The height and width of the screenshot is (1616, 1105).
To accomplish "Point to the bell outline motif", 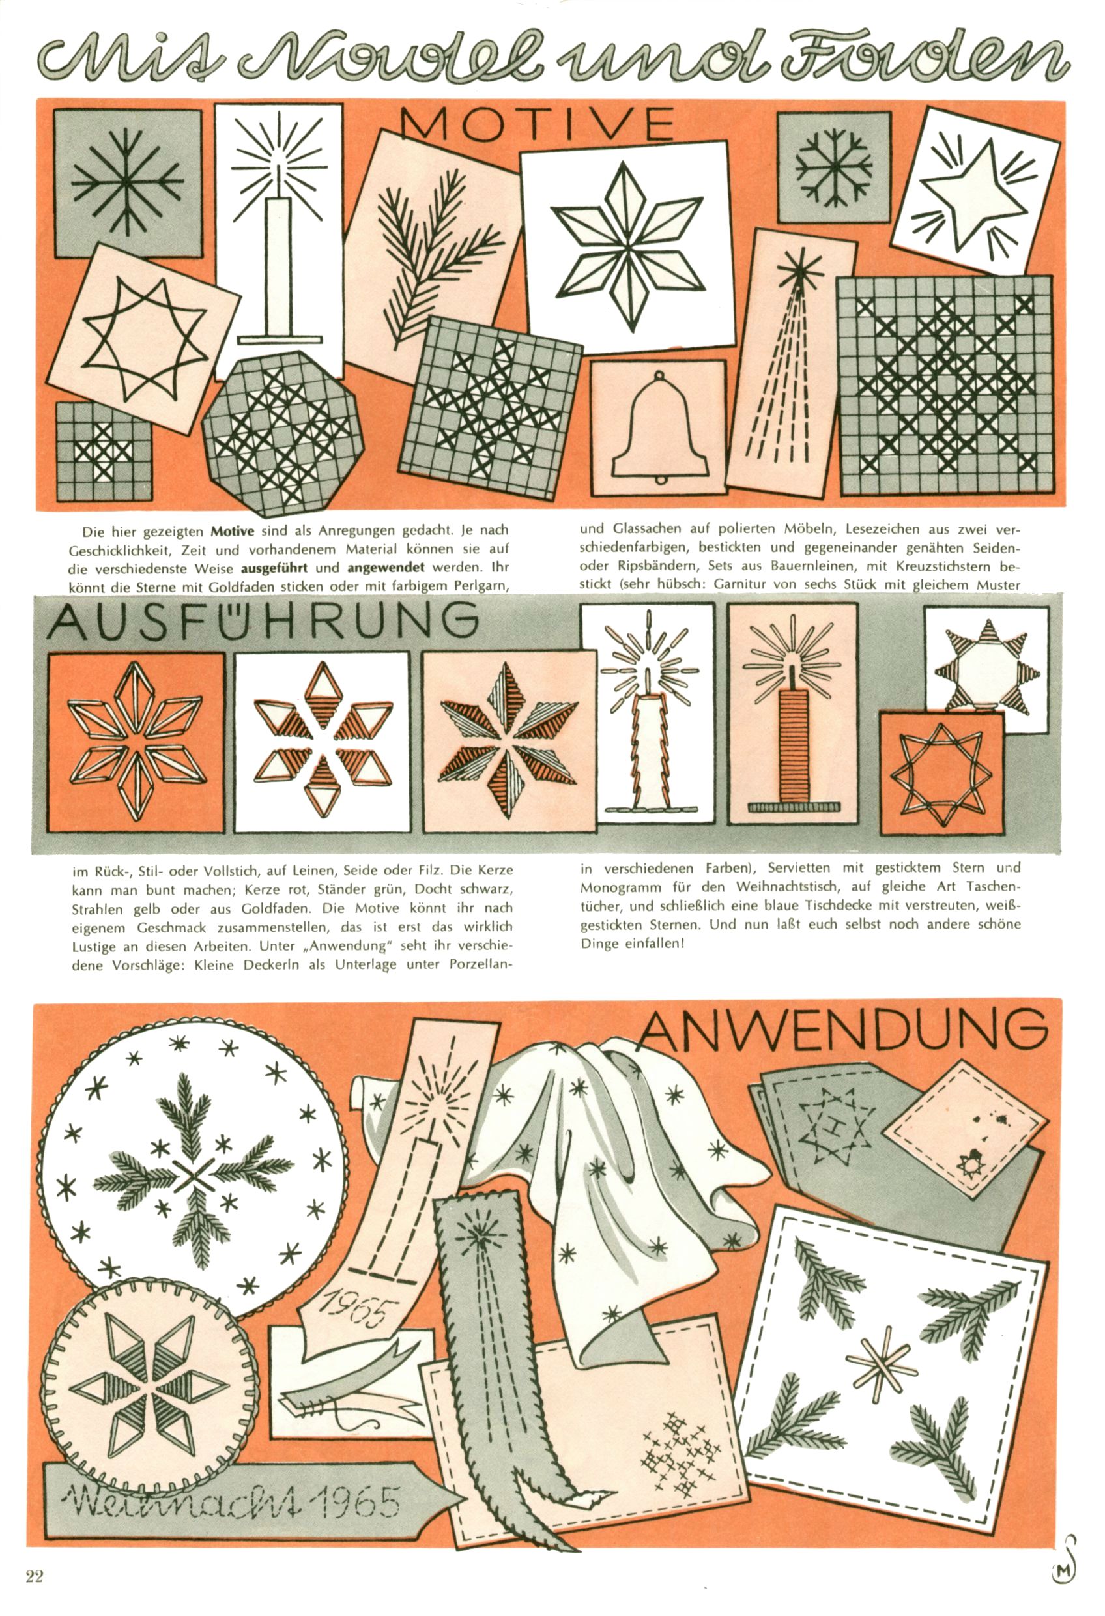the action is tap(657, 429).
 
